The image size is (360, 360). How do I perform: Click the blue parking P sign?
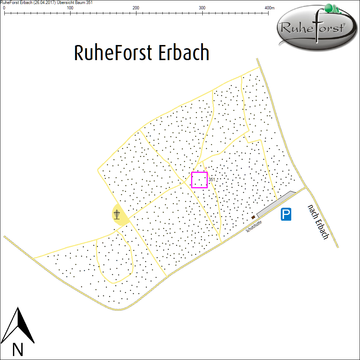click(286, 215)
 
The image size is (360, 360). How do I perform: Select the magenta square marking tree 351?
click(199, 180)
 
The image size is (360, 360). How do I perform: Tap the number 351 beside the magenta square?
click(212, 179)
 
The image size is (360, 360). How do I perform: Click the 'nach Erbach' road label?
click(318, 222)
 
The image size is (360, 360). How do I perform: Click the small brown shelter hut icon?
click(253, 217)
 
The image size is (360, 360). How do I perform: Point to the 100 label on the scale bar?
click(70, 8)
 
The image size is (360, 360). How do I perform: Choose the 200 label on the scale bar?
click(136, 8)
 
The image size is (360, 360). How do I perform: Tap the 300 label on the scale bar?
click(202, 8)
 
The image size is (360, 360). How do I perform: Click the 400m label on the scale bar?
click(270, 8)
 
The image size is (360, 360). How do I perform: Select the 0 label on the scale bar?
click(4, 8)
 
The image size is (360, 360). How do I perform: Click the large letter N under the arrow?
click(18, 349)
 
